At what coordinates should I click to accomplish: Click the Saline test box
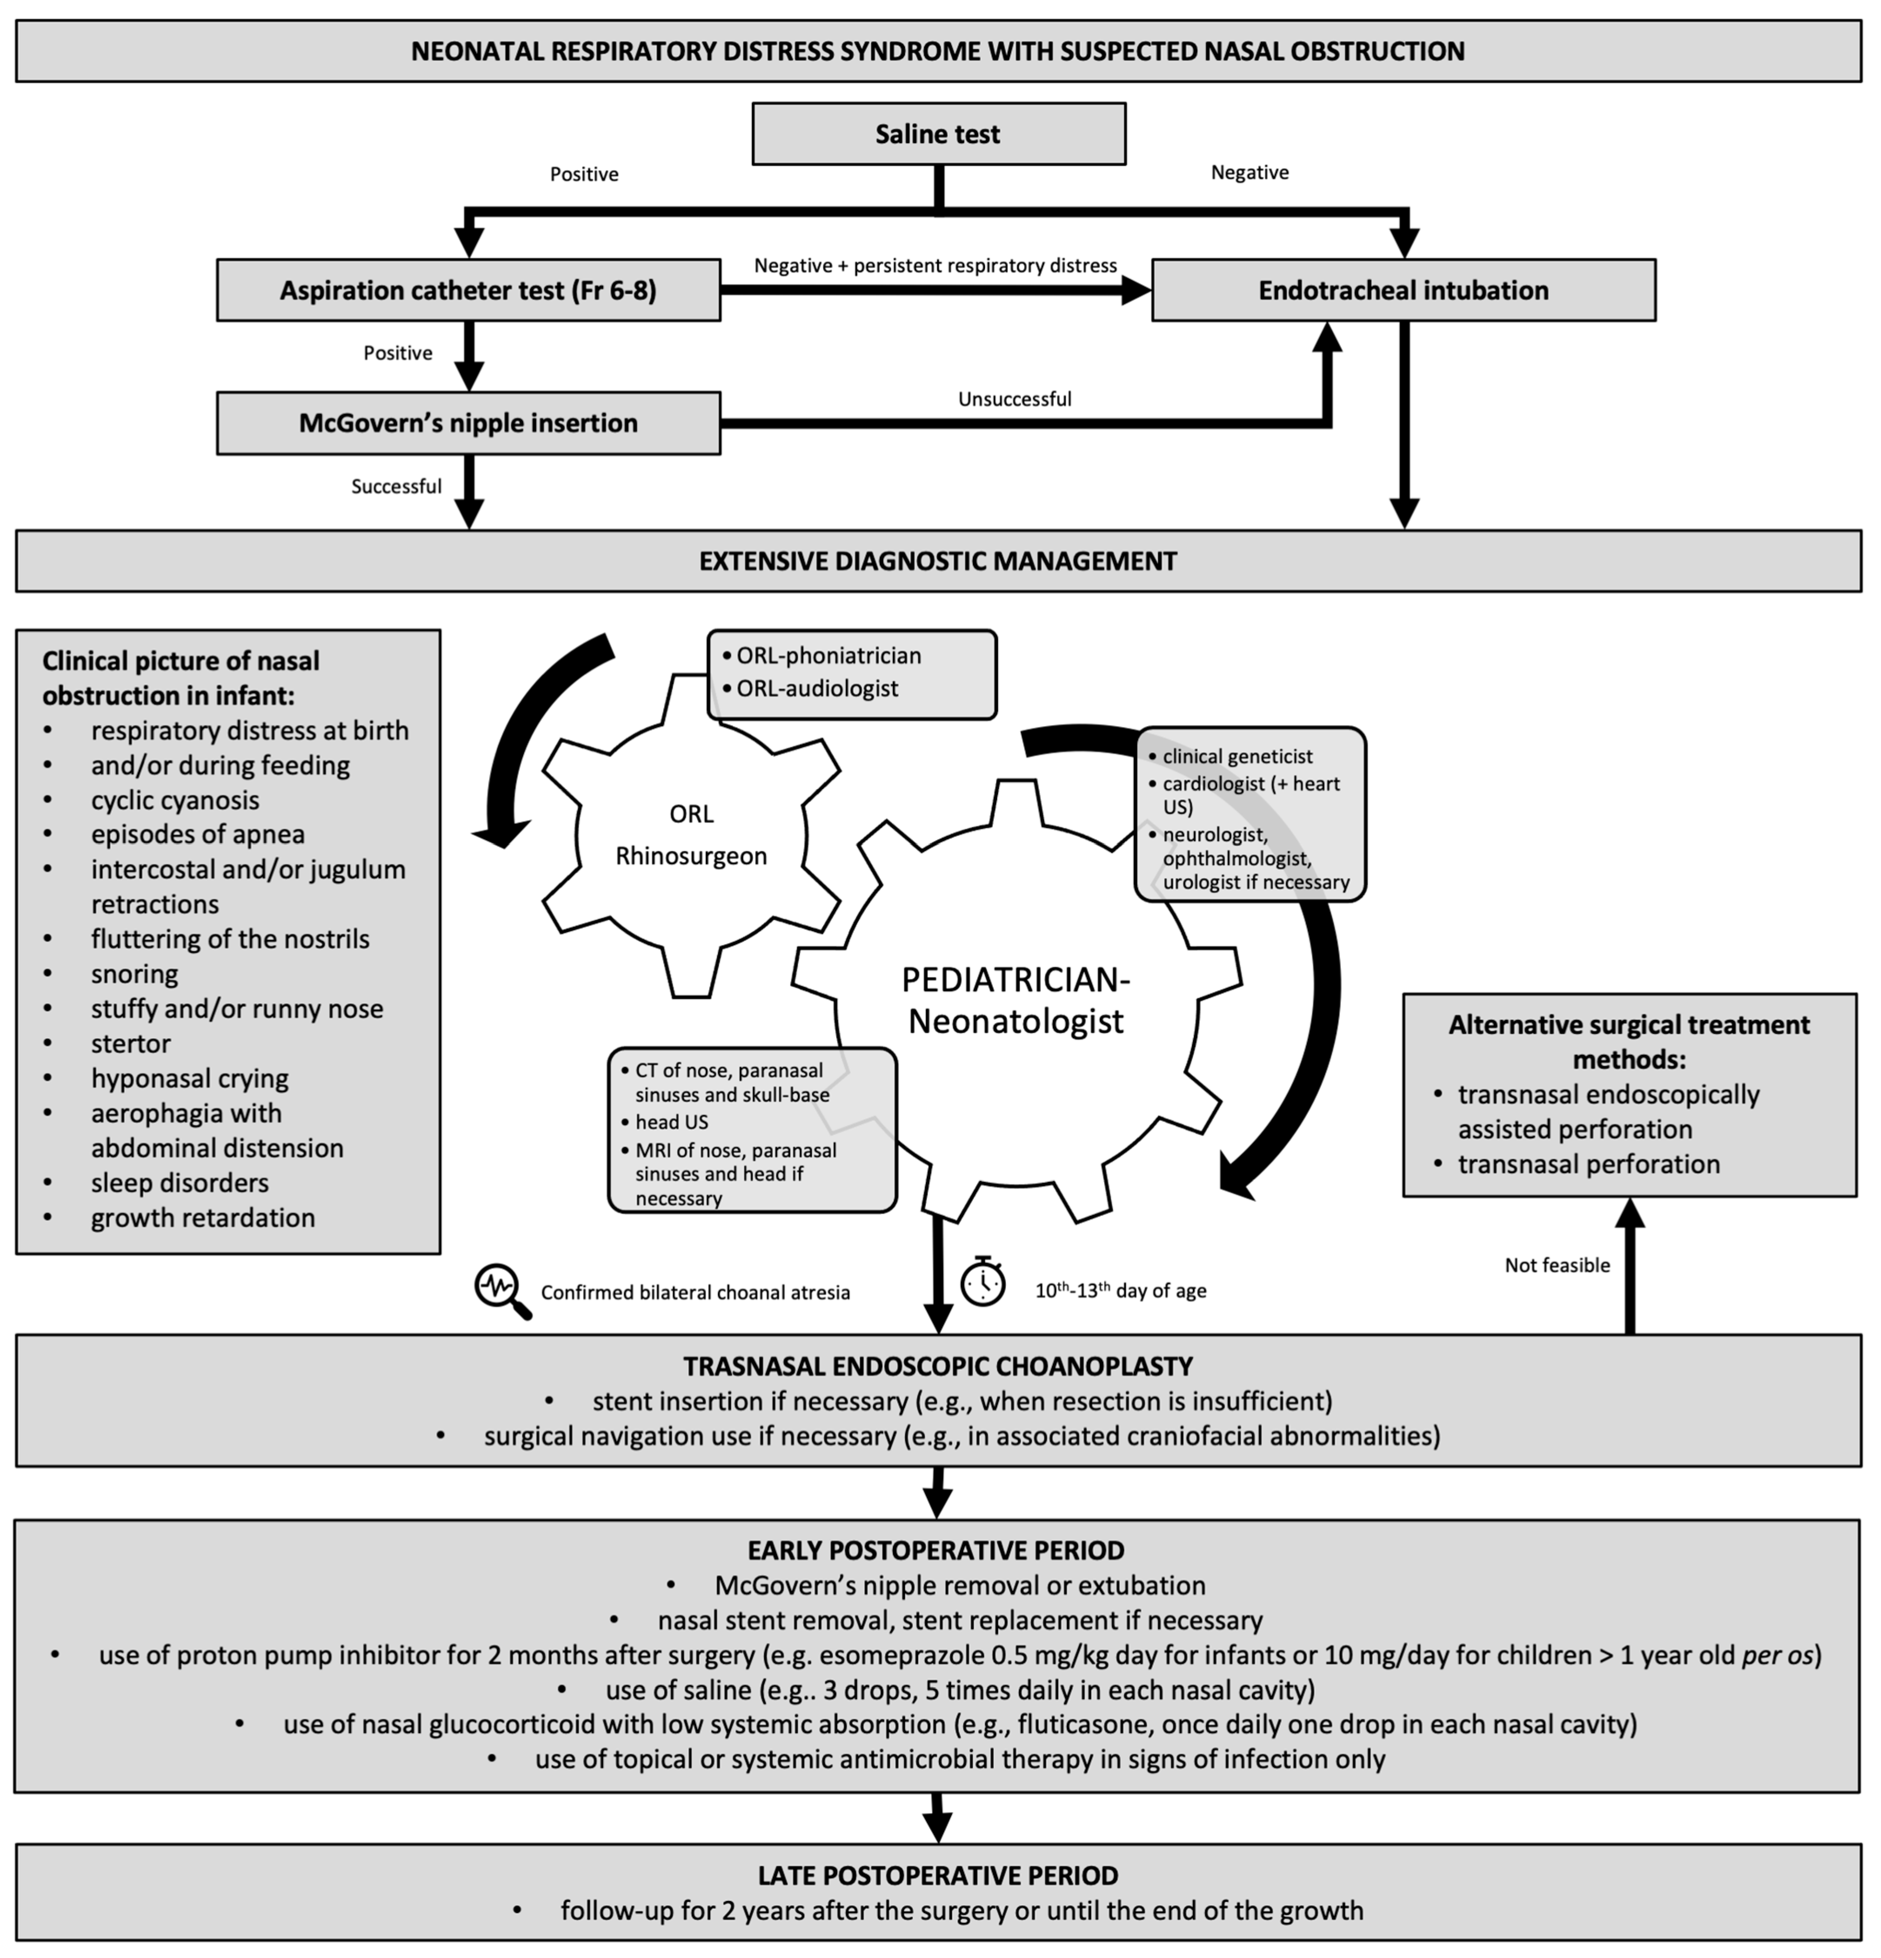(939, 134)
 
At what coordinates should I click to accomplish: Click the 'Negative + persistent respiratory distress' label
(935, 266)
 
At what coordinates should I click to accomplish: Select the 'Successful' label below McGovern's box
(397, 486)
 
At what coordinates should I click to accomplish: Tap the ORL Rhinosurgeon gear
(691, 835)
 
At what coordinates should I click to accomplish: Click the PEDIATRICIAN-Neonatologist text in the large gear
(1016, 1000)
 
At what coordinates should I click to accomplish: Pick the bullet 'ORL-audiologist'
(817, 688)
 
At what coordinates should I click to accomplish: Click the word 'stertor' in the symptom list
(131, 1043)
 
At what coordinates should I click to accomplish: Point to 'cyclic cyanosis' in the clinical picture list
(175, 800)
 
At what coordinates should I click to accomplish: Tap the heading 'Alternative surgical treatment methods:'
(1629, 1041)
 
